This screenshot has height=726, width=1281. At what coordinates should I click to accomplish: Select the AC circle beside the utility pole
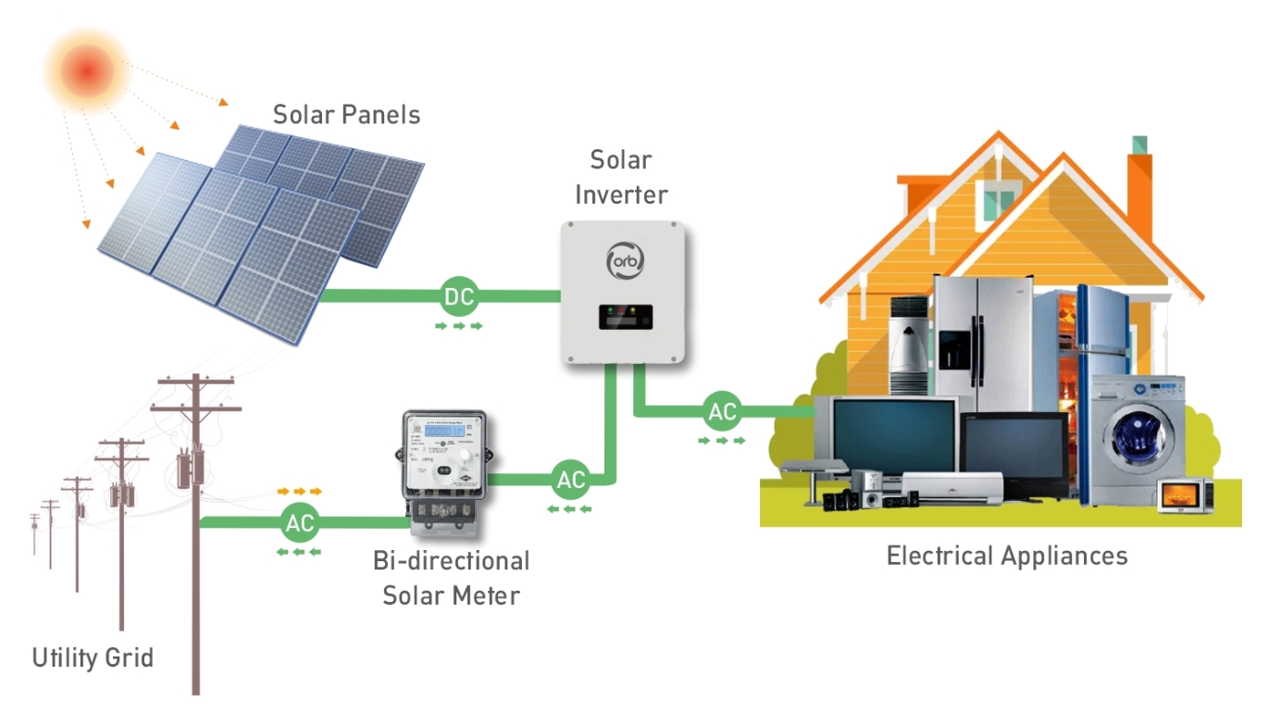click(300, 523)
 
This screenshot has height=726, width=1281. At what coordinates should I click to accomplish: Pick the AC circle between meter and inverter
click(571, 480)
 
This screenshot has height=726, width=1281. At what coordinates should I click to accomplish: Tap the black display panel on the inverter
click(625, 317)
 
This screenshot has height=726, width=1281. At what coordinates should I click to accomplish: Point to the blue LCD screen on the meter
click(443, 432)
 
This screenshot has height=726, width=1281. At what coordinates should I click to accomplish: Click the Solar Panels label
click(346, 115)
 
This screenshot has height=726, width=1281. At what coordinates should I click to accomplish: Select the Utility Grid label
click(93, 658)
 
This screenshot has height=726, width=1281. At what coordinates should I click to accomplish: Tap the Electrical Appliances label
click(1007, 556)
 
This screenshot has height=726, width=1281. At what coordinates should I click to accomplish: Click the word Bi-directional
click(452, 561)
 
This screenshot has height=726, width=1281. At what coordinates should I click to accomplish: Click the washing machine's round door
click(1137, 436)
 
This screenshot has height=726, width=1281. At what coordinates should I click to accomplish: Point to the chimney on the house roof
click(1139, 181)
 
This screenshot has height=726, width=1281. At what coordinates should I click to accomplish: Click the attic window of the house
click(998, 198)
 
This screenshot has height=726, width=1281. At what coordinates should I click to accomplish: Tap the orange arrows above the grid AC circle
click(300, 491)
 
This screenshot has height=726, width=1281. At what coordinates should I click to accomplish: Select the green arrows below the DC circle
click(460, 326)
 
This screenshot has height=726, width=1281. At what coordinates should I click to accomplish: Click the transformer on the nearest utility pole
click(192, 467)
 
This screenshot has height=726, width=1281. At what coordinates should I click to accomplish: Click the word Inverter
click(621, 194)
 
